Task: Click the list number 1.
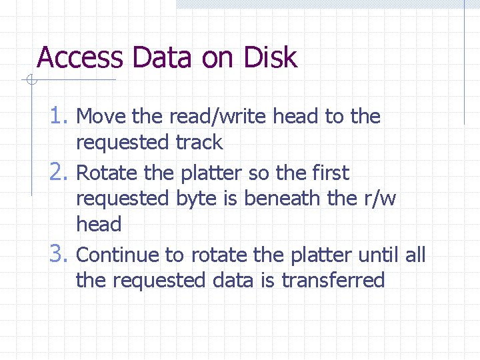[61, 116]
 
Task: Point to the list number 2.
[61, 173]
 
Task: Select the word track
[199, 142]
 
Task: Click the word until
[377, 255]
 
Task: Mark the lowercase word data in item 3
[233, 280]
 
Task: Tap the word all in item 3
[415, 255]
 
